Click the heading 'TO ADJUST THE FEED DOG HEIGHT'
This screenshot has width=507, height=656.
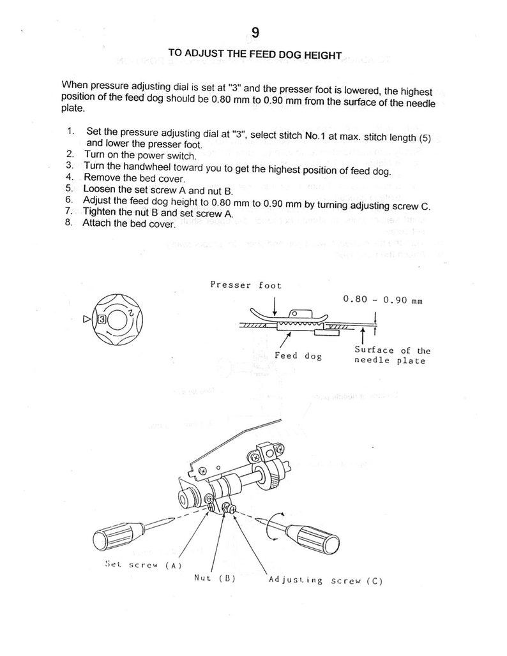pyautogui.click(x=254, y=55)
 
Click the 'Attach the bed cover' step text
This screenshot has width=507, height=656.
pyautogui.click(x=129, y=224)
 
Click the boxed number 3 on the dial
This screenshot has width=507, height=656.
pyautogui.click(x=101, y=316)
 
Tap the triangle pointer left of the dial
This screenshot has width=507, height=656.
pyautogui.click(x=87, y=316)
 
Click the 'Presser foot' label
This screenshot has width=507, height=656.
pyautogui.click(x=246, y=285)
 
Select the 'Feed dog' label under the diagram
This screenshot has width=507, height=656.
pyautogui.click(x=298, y=355)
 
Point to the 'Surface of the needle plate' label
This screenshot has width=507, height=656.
pyautogui.click(x=392, y=355)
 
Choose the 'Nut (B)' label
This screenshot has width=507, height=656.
pyautogui.click(x=215, y=579)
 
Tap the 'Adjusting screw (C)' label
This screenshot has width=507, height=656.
pyautogui.click(x=326, y=580)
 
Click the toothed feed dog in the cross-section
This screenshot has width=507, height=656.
pyautogui.click(x=295, y=326)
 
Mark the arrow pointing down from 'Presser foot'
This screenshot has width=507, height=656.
pyautogui.click(x=274, y=307)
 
